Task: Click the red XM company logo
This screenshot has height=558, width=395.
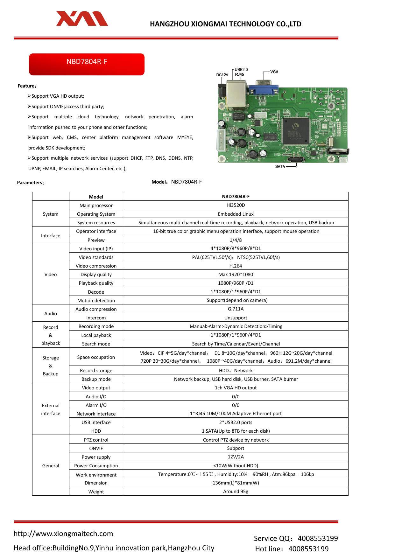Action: (x=82, y=19)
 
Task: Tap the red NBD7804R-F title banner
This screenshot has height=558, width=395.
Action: (x=87, y=64)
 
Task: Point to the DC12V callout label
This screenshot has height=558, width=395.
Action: (x=222, y=75)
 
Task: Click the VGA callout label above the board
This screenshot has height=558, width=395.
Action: (x=274, y=72)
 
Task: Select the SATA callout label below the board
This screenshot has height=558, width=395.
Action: (x=280, y=166)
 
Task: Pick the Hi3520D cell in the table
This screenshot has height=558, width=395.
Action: (x=236, y=205)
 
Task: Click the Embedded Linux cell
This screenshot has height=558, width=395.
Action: (x=236, y=214)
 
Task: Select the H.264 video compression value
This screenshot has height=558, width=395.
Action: (x=236, y=266)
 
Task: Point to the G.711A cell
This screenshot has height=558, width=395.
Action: (x=236, y=309)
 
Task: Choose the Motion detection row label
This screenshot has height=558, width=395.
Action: (x=96, y=301)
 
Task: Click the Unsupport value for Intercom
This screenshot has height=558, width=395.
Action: (x=236, y=318)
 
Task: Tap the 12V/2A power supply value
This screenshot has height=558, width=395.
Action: (x=236, y=457)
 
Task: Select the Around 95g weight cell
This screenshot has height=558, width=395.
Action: (x=236, y=492)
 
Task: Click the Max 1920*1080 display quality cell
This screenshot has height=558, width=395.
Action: (x=236, y=275)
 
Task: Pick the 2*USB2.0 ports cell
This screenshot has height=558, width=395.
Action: (x=236, y=422)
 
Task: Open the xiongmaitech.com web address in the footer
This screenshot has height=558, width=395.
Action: (x=63, y=534)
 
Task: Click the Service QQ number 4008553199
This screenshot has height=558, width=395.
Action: (x=318, y=538)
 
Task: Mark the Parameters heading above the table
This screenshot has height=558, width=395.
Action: (x=31, y=183)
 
